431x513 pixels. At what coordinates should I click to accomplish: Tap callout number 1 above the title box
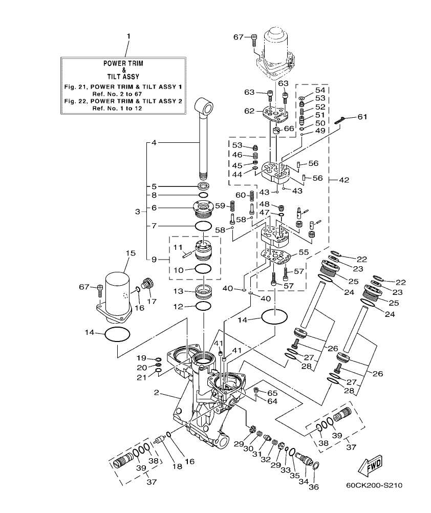pos(128,36)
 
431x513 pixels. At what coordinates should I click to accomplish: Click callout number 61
pos(362,117)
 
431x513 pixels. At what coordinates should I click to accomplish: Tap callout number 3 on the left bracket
pos(137,211)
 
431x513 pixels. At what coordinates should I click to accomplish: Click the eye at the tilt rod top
pos(207,107)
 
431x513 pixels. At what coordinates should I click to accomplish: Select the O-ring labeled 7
pos(203,226)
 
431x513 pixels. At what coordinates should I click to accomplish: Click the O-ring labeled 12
pos(203,306)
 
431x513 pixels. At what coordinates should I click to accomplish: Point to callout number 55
pos(303,253)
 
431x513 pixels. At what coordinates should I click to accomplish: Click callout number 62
pos(249,110)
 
